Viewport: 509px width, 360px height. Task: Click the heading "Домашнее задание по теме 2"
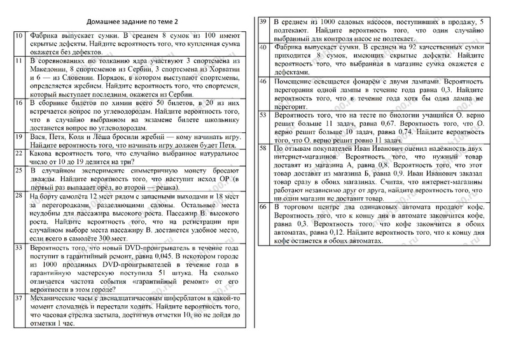pos(131,21)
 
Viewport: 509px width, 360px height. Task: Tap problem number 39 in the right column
pos(262,22)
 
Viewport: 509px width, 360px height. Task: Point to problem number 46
pos(262,81)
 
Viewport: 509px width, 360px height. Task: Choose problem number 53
pos(262,116)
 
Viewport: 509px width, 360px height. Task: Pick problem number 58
pos(262,149)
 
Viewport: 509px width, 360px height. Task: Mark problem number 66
pos(262,207)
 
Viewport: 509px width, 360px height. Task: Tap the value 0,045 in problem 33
pos(179,255)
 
